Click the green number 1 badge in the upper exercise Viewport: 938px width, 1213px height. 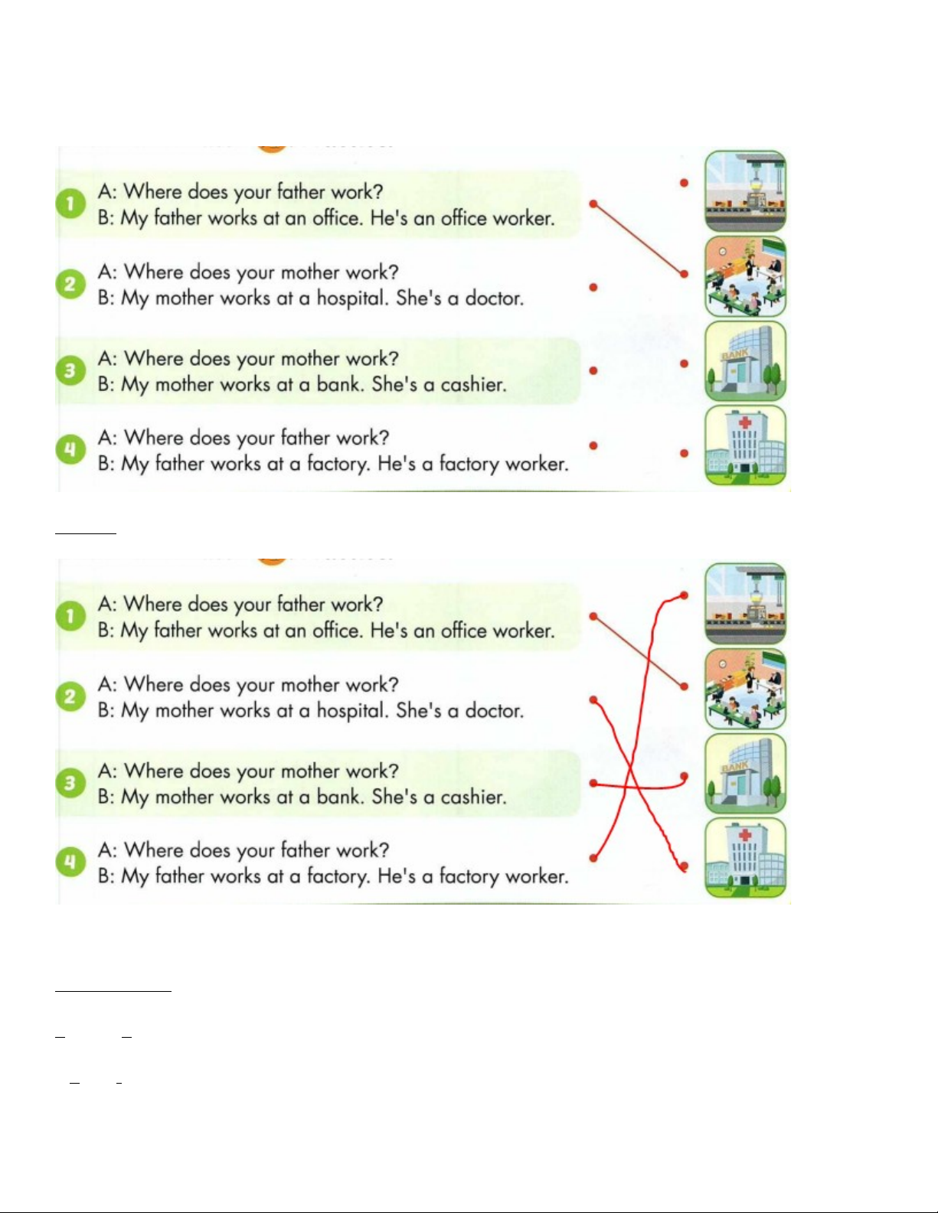(70, 204)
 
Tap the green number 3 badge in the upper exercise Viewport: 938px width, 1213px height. (70, 370)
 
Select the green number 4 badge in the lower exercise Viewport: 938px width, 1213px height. (70, 861)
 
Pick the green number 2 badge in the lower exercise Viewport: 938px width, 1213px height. (70, 696)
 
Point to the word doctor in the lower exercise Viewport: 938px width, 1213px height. (494, 711)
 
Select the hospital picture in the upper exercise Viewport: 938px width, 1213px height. (745, 445)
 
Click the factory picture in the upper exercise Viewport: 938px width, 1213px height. (745, 191)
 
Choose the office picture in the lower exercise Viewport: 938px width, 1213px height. (745, 689)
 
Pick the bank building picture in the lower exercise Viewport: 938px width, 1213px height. (745, 773)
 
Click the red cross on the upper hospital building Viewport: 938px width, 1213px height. (744, 422)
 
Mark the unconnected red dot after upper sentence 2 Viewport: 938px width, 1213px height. (593, 288)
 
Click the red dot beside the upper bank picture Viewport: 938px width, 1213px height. (684, 364)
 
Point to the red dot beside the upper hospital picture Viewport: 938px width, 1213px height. (684, 453)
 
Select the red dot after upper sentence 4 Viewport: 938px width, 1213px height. (593, 445)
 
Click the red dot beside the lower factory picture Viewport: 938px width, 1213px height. (684, 595)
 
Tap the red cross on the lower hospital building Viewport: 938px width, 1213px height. (744, 835)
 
